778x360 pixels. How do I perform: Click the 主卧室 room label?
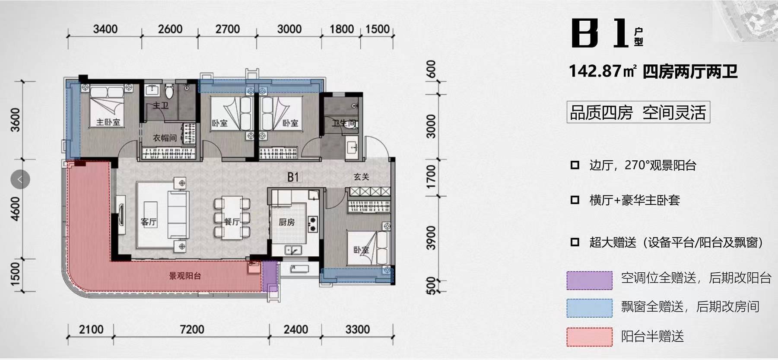(x=108, y=122)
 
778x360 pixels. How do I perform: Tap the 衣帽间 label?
(x=165, y=138)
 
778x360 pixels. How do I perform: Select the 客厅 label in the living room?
(x=149, y=222)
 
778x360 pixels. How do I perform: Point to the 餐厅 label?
(x=232, y=222)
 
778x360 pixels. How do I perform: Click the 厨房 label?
(x=286, y=222)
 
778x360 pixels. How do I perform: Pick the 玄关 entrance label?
(x=361, y=177)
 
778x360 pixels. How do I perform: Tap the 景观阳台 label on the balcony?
(x=185, y=276)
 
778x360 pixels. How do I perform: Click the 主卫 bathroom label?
(x=161, y=105)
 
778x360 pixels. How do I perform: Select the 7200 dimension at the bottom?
(x=192, y=329)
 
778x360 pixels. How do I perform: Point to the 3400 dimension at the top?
(x=105, y=29)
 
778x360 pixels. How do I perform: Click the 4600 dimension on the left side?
(x=15, y=209)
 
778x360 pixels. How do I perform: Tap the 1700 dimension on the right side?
(x=431, y=177)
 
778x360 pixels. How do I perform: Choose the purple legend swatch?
(x=589, y=280)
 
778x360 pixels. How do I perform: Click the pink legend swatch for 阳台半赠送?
(x=589, y=337)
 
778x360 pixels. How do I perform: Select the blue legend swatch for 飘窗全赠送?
(x=589, y=308)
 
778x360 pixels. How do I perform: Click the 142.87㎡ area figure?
(x=603, y=71)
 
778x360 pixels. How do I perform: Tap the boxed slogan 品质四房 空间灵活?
(x=638, y=112)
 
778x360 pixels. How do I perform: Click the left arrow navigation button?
(x=20, y=179)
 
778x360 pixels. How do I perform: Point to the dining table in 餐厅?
(x=232, y=217)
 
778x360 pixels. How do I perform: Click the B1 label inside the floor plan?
(x=293, y=177)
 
